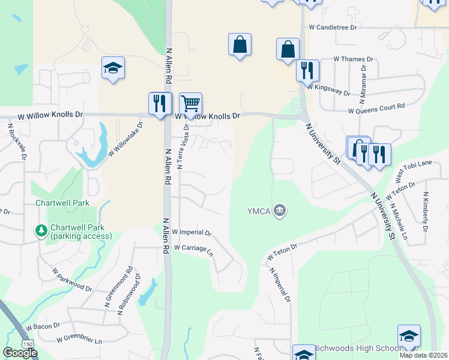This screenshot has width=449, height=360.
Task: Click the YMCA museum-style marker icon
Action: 280,211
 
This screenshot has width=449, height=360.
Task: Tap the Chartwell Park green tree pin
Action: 41,230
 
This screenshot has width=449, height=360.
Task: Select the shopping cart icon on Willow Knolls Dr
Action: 190,104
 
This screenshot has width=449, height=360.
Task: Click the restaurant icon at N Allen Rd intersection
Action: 160,103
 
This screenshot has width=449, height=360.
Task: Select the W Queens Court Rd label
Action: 376,106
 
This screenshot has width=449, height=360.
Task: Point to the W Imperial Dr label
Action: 191,232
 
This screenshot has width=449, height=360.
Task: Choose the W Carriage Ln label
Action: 193,248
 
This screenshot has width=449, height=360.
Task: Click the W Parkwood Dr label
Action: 72,280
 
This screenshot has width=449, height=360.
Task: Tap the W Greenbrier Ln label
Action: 79,340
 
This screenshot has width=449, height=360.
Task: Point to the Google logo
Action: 20,353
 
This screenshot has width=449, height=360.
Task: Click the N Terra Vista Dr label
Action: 186,146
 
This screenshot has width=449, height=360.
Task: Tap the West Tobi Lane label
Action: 414,172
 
